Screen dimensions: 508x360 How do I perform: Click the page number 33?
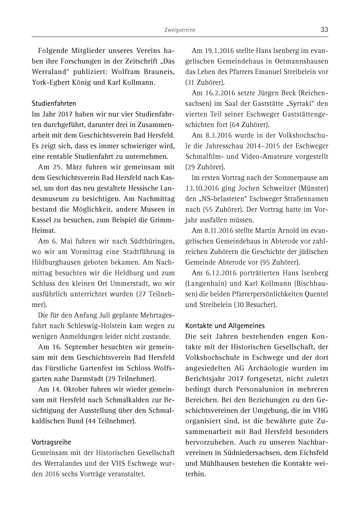pyautogui.click(x=324, y=30)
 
